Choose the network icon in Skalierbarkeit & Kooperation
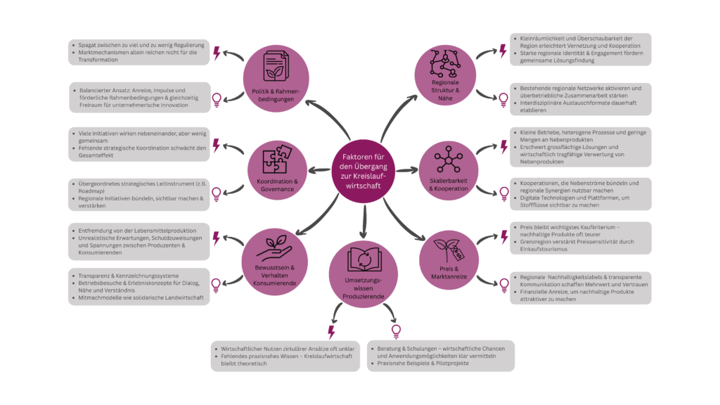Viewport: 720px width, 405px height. point(448,161)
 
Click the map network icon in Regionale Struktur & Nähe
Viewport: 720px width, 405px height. point(448,65)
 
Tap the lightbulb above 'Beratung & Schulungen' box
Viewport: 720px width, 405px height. point(396,330)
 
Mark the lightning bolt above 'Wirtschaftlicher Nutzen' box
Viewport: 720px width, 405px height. point(331,331)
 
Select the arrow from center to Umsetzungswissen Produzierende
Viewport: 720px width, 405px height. point(364,223)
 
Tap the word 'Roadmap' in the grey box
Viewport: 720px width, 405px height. point(87,190)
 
